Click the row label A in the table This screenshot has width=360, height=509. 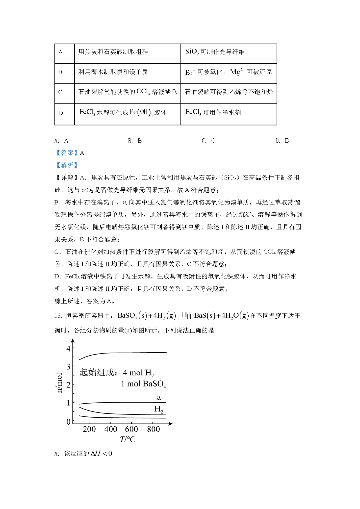tap(60, 53)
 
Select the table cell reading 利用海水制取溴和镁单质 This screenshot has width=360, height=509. tap(113, 72)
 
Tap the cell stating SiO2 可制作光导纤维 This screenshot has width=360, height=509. tap(215, 52)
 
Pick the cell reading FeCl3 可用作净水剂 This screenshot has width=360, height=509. tap(213, 112)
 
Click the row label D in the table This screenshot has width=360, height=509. tap(60, 113)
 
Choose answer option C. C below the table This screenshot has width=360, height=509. tap(208, 141)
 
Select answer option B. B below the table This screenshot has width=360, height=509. tap(135, 141)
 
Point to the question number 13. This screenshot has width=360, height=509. tap(58, 316)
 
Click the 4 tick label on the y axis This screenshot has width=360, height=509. tap(68, 349)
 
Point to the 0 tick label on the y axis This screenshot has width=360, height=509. tap(68, 422)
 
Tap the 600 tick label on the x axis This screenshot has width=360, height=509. tap(131, 429)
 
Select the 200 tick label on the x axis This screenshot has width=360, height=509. tap(89, 429)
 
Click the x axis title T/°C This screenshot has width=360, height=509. tap(128, 439)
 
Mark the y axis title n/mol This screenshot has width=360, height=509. tap(59, 383)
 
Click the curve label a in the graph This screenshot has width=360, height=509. tap(159, 397)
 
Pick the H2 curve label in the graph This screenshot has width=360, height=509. tap(159, 409)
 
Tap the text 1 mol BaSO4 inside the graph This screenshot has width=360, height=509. tap(143, 384)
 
